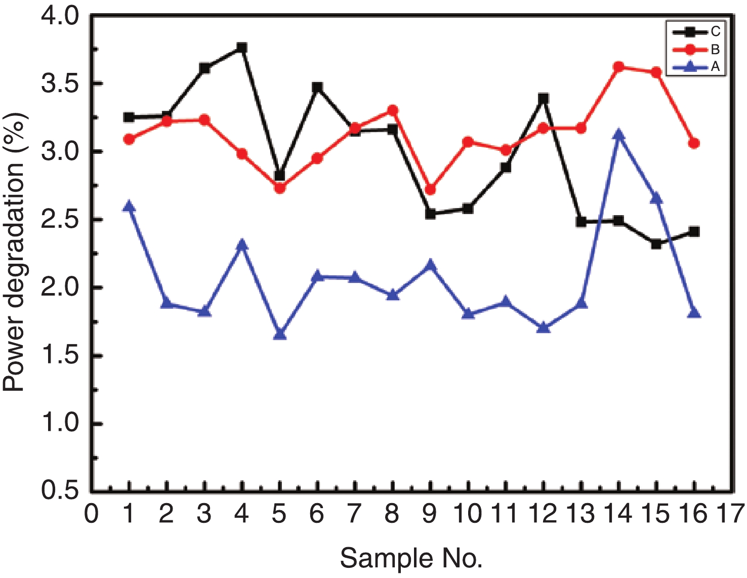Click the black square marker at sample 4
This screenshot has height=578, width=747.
click(x=242, y=48)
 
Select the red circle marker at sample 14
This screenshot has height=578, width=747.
click(x=618, y=67)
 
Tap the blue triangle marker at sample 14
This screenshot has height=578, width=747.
click(x=618, y=135)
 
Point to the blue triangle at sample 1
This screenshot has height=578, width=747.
click(x=129, y=206)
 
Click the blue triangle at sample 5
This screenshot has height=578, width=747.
click(x=280, y=334)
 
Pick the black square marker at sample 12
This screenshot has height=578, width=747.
click(x=544, y=98)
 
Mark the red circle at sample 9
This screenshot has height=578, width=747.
click(x=430, y=190)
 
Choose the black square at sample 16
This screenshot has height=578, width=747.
click(x=694, y=232)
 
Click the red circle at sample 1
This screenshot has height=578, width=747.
click(x=129, y=139)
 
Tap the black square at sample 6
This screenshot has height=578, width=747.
click(x=317, y=88)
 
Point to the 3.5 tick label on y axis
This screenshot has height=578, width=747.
click(x=60, y=84)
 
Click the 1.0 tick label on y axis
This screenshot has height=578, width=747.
click(x=60, y=423)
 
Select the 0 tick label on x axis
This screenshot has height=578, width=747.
click(x=92, y=514)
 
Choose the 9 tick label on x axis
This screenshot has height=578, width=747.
click(x=430, y=514)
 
